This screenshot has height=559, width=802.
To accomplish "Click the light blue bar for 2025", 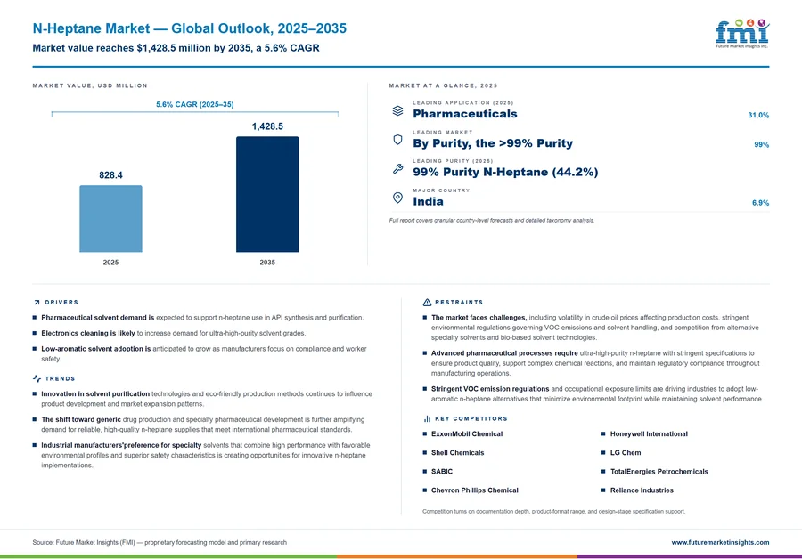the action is (110, 219).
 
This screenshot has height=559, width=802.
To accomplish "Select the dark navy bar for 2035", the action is (267, 194).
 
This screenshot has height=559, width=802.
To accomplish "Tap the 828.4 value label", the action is (110, 175).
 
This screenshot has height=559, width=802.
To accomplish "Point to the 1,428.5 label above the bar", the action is (267, 126).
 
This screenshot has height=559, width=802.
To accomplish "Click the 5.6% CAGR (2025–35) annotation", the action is (195, 104).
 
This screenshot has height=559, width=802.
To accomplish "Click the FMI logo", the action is (742, 34).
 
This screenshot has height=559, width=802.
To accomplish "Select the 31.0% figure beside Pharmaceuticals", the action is (758, 116).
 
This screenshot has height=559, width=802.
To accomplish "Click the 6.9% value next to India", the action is (760, 203).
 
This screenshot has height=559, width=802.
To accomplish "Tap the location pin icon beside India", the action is (397, 198).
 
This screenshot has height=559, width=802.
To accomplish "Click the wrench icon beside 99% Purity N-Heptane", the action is (397, 168).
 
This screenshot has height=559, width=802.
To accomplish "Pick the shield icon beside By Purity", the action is (397, 140).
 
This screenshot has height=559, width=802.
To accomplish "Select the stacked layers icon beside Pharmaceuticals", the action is (397, 110).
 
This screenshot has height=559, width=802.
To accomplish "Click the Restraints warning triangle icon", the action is (427, 303).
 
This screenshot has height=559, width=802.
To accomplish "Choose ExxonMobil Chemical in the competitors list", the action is (466, 433).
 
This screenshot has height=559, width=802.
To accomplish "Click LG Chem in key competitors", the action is (625, 453).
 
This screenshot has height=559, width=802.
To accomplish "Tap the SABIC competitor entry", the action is (441, 472).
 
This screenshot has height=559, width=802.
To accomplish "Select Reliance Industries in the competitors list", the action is (642, 490).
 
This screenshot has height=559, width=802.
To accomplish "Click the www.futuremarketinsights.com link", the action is (720, 543).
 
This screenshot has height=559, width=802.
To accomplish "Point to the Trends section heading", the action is (60, 378).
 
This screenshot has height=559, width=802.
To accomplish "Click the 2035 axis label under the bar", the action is (267, 262).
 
